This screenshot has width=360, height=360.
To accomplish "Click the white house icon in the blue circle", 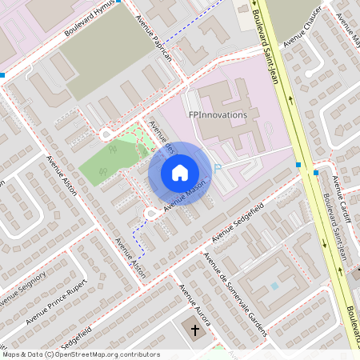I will pos(180,173).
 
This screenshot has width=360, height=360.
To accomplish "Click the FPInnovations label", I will pos(218,114).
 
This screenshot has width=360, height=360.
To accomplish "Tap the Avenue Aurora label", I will pos(194,305).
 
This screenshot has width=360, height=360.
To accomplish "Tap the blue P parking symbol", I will pos(217,168).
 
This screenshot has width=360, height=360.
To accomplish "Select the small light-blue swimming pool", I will pos(274,286).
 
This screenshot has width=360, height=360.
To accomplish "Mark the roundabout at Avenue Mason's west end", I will pos(150,213).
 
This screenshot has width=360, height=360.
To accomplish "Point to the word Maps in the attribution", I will pos(11,354).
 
